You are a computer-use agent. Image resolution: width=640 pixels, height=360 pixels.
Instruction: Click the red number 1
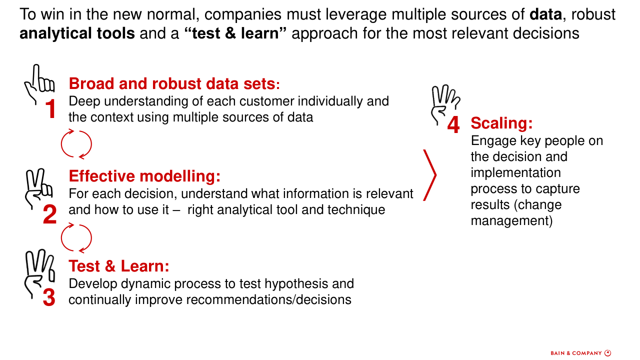click(x=51, y=108)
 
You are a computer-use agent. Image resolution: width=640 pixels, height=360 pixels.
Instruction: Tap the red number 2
click(x=49, y=214)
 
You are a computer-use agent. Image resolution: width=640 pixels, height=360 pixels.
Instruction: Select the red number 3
click(x=49, y=297)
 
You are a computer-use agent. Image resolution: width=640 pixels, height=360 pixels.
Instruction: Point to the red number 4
click(x=453, y=124)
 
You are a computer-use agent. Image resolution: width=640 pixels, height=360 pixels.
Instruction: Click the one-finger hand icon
click(x=39, y=84)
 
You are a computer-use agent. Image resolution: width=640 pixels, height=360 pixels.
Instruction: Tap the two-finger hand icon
click(x=39, y=189)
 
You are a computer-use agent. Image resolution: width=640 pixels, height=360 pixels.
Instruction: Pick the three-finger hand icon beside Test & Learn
click(x=39, y=273)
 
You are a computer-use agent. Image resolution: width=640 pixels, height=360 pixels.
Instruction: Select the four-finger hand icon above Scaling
click(x=445, y=105)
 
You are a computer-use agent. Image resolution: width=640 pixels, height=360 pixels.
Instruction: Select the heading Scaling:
click(x=501, y=123)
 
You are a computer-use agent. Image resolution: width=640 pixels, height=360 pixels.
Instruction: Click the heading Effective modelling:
click(x=144, y=176)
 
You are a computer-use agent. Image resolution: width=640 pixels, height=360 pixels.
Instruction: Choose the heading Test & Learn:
click(x=119, y=266)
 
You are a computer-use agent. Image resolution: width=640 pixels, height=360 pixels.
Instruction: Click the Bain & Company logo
click(x=581, y=353)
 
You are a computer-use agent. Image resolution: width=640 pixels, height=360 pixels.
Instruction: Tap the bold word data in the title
click(x=545, y=14)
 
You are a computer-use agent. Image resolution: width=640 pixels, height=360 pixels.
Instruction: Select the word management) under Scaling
click(x=511, y=221)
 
